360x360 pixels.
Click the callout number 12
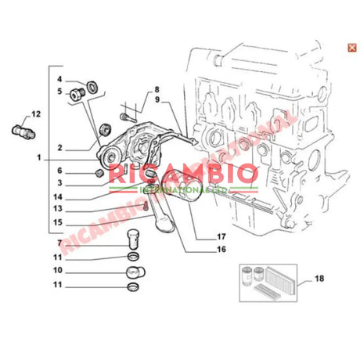pos(36,113)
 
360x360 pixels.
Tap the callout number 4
pos(59,80)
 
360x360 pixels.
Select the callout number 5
pos(59,92)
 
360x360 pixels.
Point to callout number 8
pos(156,89)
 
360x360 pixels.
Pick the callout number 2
pos(59,146)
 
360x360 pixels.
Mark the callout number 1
pos(37,158)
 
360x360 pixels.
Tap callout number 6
pos(59,171)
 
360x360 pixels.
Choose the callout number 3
pos(59,183)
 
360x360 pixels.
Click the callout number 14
pos(59,196)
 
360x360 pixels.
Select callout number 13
pos(59,209)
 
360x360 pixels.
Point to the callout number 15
pos(59,222)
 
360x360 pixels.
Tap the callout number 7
pos(59,244)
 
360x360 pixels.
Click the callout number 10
pos(59,271)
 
